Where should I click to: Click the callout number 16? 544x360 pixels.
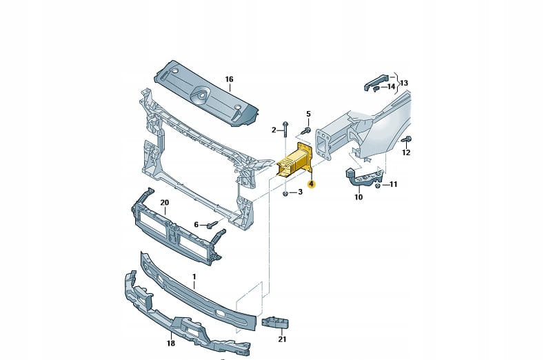pos(229,79)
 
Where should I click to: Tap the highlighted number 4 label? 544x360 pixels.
pos(312,184)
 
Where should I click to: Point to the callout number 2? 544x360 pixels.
pos(274,130)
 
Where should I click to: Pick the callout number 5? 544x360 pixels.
pos(308,113)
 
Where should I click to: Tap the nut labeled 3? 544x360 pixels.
pos(285,192)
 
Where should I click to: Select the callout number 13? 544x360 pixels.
pos(404,83)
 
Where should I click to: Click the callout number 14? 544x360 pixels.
pos(391,87)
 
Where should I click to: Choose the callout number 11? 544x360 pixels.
pos(393,184)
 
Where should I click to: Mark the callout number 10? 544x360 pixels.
pos(359,197)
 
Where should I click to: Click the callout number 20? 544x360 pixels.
pos(164,202)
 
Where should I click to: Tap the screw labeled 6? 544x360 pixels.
pos(211,224)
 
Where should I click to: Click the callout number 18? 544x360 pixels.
pos(170,343)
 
